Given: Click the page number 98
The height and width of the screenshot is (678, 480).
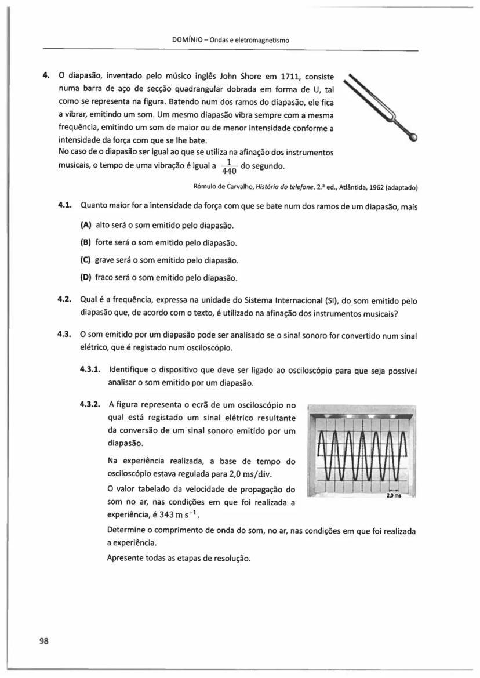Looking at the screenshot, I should (x=43, y=640).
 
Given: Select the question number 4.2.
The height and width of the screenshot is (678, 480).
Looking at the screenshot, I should (x=64, y=301).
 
